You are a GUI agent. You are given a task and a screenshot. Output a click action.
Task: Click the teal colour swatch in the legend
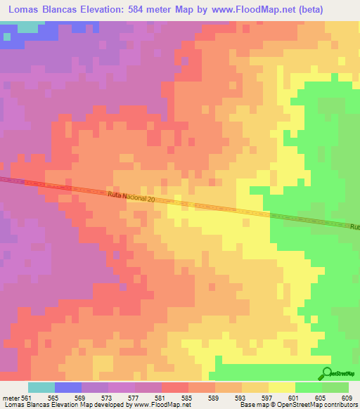(41, 387)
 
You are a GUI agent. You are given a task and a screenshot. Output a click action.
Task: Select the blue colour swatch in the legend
(68, 387)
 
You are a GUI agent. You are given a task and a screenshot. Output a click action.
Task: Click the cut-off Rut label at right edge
(354, 227)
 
